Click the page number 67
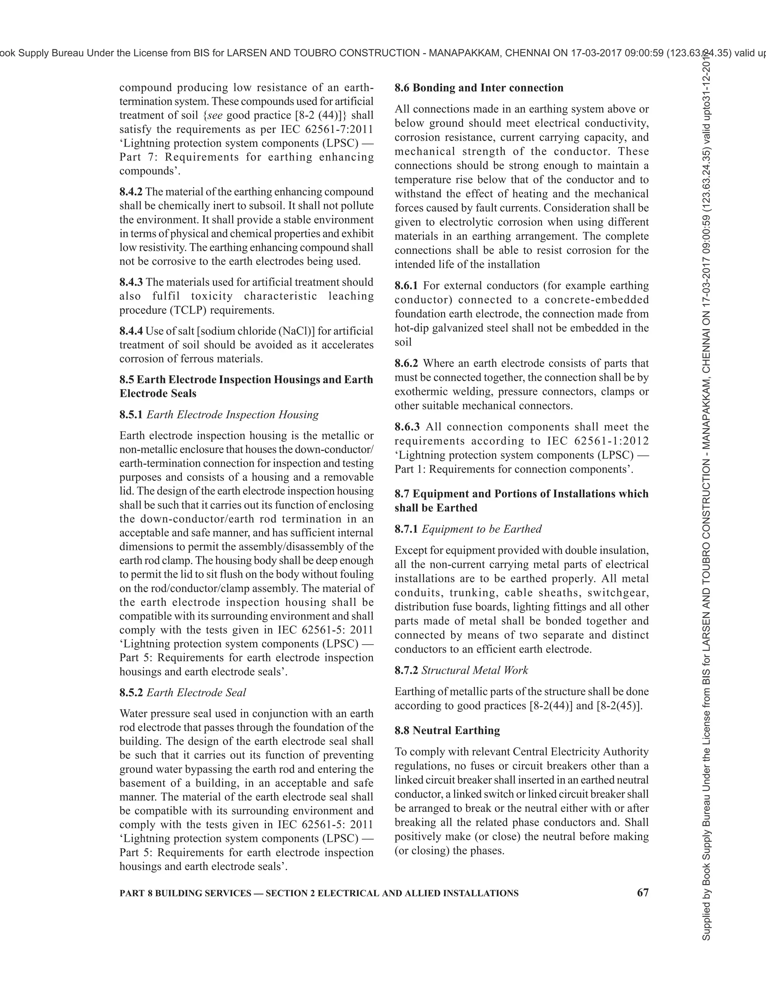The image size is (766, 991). point(643,893)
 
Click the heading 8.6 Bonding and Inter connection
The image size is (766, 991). point(479,88)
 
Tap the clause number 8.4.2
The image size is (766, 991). point(131,191)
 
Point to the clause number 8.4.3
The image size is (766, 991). point(131,282)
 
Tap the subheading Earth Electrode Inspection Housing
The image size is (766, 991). point(232,414)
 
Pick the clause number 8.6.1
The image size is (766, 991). point(406,285)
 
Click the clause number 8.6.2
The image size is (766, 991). point(406,363)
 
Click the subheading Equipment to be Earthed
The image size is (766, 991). point(481,529)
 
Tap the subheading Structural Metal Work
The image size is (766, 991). point(475,670)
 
